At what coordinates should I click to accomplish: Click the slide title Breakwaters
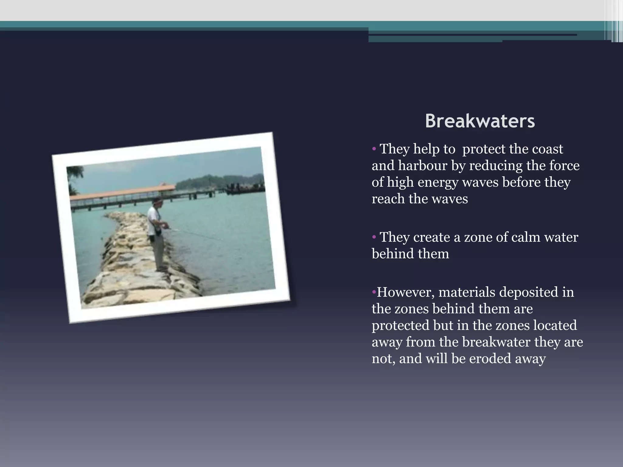480,121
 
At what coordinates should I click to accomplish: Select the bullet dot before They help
374,149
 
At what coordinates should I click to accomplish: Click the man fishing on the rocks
155,234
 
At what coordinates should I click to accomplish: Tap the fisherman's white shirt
153,219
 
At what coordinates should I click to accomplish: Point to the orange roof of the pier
122,192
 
